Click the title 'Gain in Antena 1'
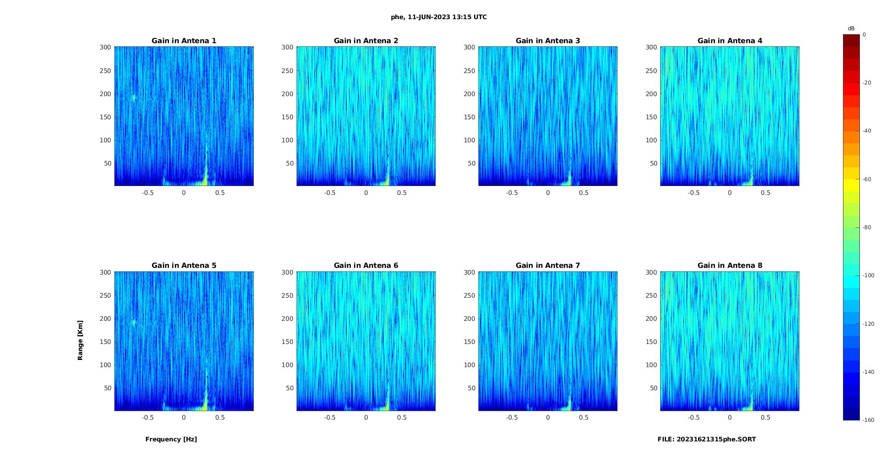tap(184, 41)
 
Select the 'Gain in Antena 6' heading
tap(366, 266)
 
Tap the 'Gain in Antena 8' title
tap(730, 266)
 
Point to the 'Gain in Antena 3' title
tap(548, 41)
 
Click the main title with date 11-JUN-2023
tap(439, 17)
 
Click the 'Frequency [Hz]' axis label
tap(171, 439)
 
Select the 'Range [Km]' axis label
tap(80, 340)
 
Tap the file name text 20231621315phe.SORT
tap(706, 439)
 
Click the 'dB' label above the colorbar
tap(851, 28)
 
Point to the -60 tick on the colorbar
tap(867, 179)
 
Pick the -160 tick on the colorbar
tap(868, 420)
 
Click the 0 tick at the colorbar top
tap(864, 35)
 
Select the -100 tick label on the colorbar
tap(868, 275)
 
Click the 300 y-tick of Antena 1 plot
tap(105, 47)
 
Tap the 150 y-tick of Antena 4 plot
tap(651, 117)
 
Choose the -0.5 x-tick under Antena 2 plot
tap(329, 193)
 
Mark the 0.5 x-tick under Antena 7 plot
tap(584, 417)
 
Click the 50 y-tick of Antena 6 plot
tap(290, 388)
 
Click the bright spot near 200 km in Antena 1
tap(134, 98)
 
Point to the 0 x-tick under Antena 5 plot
tap(184, 417)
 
